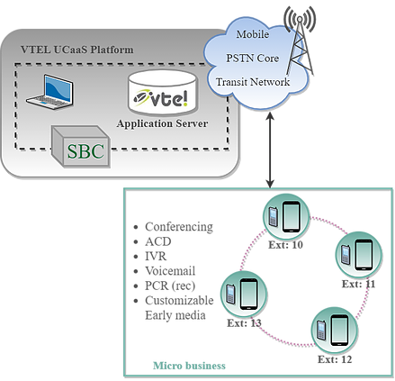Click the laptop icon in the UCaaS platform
click(x=49, y=92)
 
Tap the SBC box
click(x=81, y=147)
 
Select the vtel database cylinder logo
click(x=163, y=93)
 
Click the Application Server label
click(x=162, y=123)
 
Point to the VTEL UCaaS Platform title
click(x=77, y=50)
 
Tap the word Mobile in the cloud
click(x=253, y=34)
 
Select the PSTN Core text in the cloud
click(x=253, y=58)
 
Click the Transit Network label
click(x=253, y=82)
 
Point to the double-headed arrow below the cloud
click(x=270, y=150)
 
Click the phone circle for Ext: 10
click(x=286, y=217)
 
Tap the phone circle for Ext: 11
click(x=358, y=255)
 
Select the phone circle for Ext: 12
click(x=335, y=331)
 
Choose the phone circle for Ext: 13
click(x=244, y=295)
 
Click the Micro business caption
click(x=189, y=366)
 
